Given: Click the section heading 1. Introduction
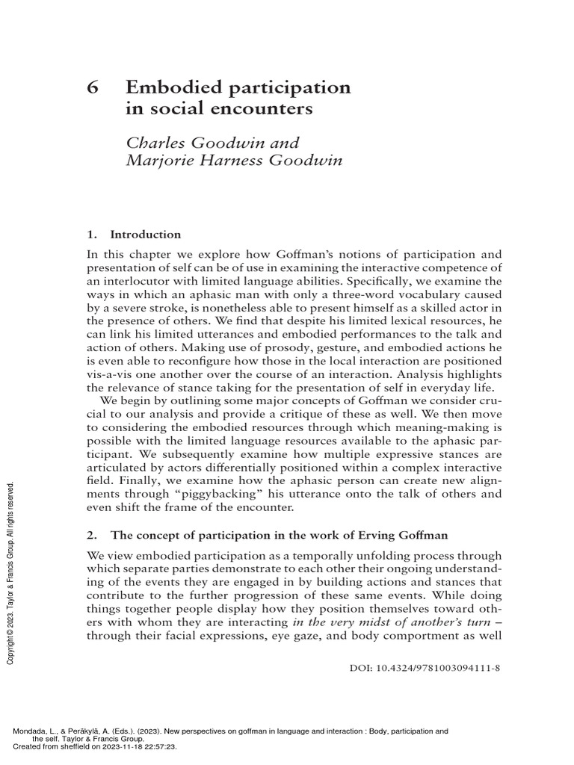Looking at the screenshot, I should click(134, 235).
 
